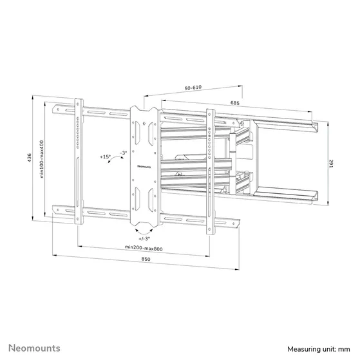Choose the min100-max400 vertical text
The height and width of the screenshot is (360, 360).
tap(41, 161)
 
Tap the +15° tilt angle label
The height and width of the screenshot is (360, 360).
tap(106, 156)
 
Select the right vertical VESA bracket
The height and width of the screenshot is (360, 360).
tap(209, 169)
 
